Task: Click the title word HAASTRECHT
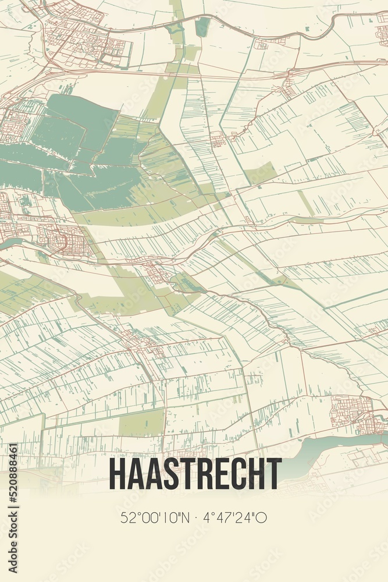[195, 474]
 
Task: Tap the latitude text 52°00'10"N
[154, 517]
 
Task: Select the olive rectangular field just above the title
[141, 422]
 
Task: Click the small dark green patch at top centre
[202, 26]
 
